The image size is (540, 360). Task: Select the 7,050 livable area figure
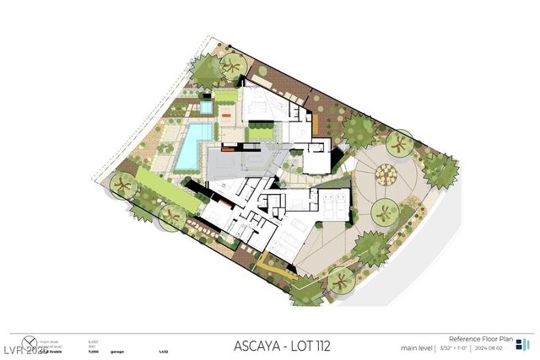click(93, 350)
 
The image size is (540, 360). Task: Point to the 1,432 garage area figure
click(164, 350)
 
